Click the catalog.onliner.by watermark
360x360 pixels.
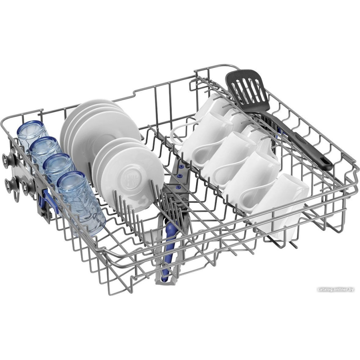pos(336,289)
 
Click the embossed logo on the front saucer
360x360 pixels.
pos(130,178)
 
